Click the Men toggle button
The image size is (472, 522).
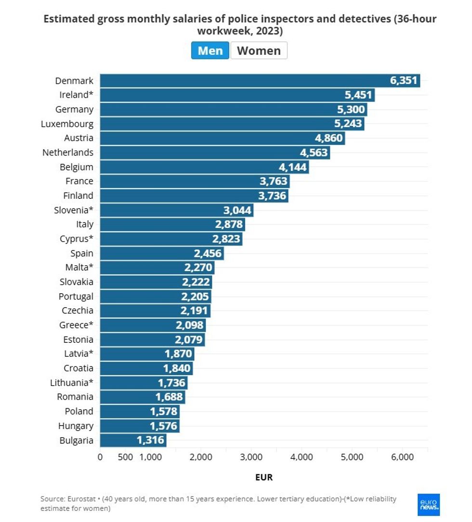pos(210,51)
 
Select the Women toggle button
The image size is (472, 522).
pos(259,51)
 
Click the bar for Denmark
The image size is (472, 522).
pos(260,81)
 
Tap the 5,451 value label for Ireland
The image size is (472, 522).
pos(358,95)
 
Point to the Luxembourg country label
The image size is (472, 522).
pos(67,124)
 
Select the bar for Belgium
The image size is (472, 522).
pos(204,167)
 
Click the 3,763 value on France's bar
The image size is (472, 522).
pos(273,182)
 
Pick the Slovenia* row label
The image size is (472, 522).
pos(74,210)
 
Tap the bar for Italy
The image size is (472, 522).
pos(172,224)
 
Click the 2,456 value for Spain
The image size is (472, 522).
pos(207,253)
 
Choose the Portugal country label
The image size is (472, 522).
pos(76,296)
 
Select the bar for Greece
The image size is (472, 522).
pos(153,325)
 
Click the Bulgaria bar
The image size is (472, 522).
pos(133,440)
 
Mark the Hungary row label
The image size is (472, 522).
pos(76,426)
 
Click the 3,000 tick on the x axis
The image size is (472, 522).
pos(251,457)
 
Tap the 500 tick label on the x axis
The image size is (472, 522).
pos(125,457)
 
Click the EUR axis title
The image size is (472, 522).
pos(264,477)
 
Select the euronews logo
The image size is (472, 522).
pos(429,505)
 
